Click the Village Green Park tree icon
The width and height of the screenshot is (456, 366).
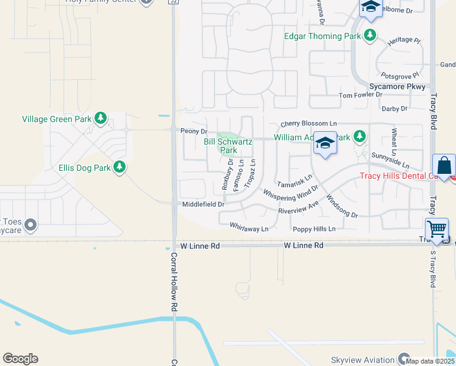click(101, 118)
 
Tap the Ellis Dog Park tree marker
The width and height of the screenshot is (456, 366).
click(120, 167)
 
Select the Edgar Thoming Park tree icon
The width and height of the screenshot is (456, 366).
click(371, 36)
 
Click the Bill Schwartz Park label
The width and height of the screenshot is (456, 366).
click(228, 146)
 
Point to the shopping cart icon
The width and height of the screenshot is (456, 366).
click(436, 229)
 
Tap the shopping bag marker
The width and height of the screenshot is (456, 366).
click(444, 165)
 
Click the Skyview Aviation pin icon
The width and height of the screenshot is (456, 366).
click(404, 359)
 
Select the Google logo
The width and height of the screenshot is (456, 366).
click(20, 359)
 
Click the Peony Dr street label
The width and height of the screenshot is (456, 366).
click(194, 131)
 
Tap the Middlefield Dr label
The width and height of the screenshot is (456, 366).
click(204, 204)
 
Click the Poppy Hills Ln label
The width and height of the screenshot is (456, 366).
click(314, 229)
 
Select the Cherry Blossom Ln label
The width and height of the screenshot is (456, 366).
click(308, 123)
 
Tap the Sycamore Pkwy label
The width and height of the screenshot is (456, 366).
click(397, 87)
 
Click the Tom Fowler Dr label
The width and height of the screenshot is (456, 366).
click(360, 95)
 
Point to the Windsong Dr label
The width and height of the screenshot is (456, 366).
click(342, 206)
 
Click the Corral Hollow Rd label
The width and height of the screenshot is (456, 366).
click(174, 282)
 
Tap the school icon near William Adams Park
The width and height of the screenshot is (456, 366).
click(325, 143)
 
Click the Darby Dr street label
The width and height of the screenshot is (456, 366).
click(394, 109)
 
